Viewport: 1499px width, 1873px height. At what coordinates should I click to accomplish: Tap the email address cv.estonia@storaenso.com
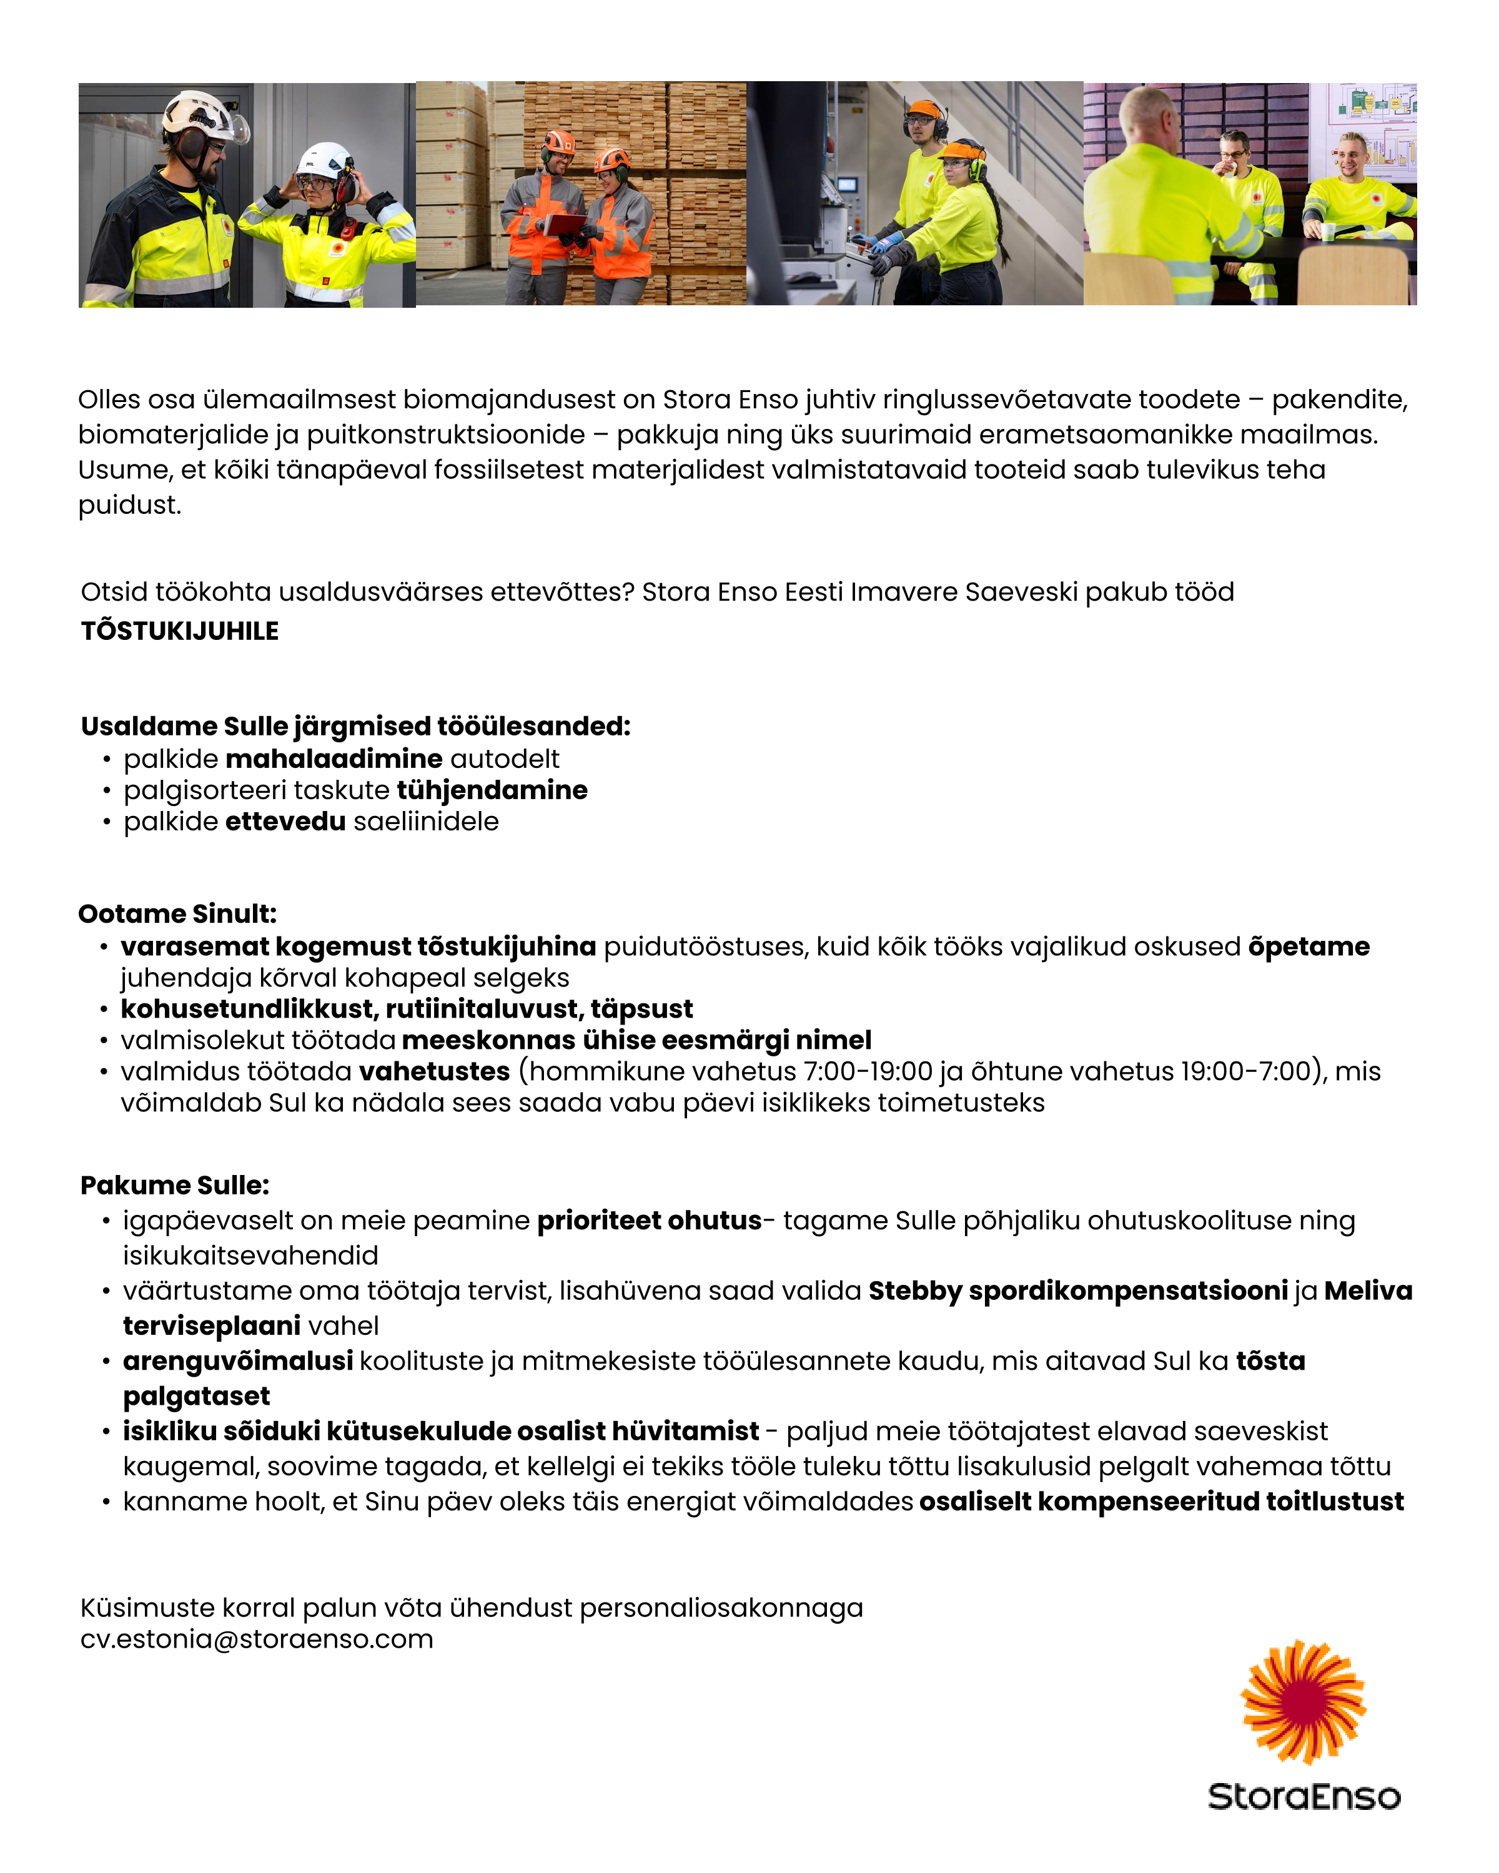[x=256, y=1639]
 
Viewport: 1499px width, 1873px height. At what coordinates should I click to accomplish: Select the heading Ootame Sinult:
[x=177, y=914]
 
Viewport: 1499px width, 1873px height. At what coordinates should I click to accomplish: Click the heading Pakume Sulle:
[x=175, y=1185]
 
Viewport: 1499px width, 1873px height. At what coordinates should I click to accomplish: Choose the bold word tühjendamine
[x=492, y=790]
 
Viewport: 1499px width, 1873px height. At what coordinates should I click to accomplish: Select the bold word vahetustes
[x=433, y=1071]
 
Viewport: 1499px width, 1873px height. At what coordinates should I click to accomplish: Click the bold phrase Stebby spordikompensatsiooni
[x=1077, y=1291]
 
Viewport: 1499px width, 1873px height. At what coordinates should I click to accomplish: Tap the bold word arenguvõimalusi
[x=237, y=1360]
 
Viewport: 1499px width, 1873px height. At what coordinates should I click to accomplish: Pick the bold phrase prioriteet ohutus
[x=649, y=1221]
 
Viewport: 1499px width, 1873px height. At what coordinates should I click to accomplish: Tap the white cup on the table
[x=1327, y=231]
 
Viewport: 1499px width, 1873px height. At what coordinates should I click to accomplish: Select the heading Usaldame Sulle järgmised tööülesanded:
[x=355, y=726]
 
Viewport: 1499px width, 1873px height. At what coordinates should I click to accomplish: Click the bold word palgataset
[x=196, y=1396]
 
